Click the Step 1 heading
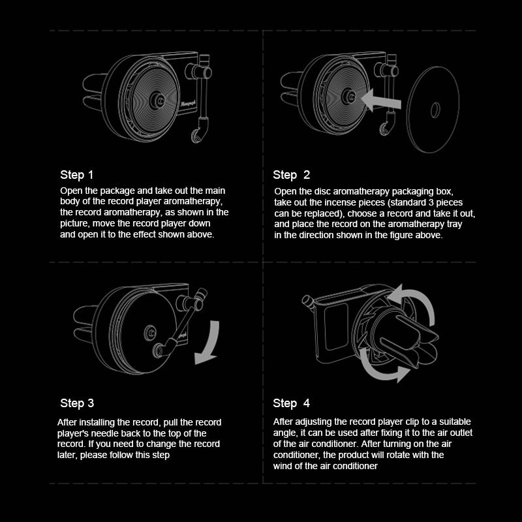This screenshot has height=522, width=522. [76, 175]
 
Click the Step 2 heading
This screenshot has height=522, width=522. [291, 175]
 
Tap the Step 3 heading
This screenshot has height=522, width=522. [77, 403]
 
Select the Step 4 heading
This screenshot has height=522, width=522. [291, 403]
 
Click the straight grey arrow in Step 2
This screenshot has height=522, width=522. [380, 100]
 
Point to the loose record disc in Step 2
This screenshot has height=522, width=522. [433, 110]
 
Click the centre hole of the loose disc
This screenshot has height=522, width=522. [435, 110]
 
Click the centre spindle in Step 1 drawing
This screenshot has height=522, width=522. [157, 100]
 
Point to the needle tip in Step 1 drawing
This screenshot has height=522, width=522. [196, 136]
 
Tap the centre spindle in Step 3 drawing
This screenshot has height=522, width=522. [150, 333]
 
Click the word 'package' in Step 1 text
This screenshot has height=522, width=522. [117, 191]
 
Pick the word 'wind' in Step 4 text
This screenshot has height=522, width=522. [283, 466]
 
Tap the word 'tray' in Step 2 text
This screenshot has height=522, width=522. [454, 224]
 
